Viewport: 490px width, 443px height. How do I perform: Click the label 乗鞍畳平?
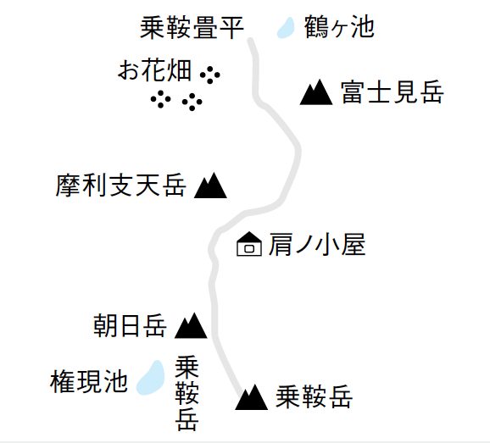(192, 28)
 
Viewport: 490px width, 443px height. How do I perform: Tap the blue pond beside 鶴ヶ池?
(286, 28)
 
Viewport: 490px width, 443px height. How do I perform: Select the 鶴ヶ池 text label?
(339, 27)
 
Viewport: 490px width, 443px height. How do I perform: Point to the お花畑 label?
(154, 70)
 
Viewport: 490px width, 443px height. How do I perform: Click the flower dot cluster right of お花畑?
(210, 75)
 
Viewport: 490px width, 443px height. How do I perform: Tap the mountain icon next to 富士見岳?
(316, 92)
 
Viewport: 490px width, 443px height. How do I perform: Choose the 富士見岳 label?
(393, 92)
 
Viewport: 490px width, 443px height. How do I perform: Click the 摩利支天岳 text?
(121, 186)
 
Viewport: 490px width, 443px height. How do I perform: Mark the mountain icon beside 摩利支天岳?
(210, 186)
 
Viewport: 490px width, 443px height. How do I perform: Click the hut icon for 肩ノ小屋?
(249, 244)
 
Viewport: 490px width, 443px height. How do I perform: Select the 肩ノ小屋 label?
(317, 245)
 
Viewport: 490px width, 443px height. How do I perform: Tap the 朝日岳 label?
(130, 325)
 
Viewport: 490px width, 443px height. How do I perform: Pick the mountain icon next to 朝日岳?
(191, 325)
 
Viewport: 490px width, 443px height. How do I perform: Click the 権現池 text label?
(89, 381)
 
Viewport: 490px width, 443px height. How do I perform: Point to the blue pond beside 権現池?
(151, 378)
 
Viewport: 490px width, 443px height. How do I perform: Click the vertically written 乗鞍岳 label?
(187, 394)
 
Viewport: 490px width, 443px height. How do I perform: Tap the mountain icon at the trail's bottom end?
(252, 397)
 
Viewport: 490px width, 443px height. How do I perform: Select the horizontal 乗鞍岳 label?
(314, 396)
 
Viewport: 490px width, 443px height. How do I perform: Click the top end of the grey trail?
(251, 40)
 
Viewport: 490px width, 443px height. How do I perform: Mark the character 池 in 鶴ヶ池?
(363, 27)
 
